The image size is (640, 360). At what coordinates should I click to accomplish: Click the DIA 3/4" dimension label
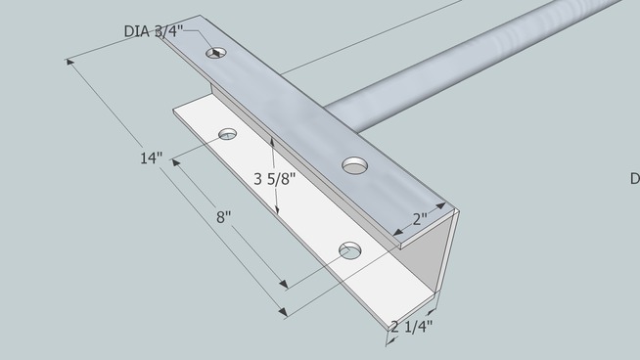(x=154, y=31)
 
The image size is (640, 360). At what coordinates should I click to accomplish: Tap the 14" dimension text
(x=151, y=157)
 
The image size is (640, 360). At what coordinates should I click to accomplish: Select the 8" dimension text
(x=224, y=217)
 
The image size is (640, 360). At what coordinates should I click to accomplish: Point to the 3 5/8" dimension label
(x=275, y=179)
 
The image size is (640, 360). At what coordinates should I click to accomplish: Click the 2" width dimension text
(x=420, y=219)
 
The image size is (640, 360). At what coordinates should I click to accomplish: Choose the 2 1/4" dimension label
(x=411, y=327)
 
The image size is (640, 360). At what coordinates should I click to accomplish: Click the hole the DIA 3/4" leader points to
(x=216, y=53)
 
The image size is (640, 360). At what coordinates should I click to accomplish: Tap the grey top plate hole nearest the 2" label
(x=354, y=165)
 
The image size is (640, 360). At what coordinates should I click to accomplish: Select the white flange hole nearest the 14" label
(x=228, y=134)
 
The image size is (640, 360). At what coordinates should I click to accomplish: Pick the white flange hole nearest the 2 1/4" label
(x=350, y=250)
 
